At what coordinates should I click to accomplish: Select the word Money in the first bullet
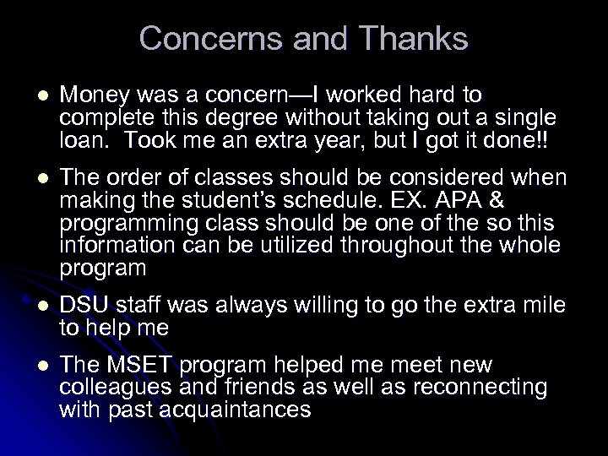pos(94,93)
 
